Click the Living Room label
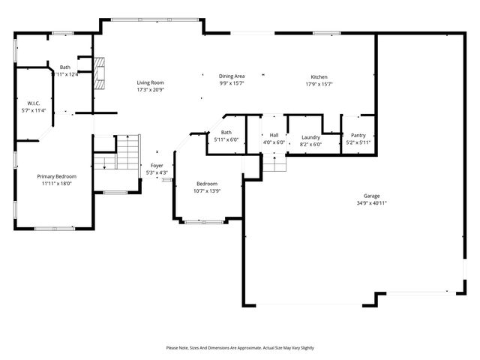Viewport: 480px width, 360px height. (x=150, y=82)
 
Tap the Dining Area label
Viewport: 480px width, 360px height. (x=232, y=76)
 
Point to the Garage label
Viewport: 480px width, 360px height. (x=371, y=196)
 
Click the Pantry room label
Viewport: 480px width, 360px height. (x=358, y=136)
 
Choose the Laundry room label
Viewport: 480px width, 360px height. (x=310, y=137)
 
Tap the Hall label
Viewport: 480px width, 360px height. (x=274, y=136)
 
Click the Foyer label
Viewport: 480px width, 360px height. (x=157, y=166)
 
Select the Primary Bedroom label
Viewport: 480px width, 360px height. (x=57, y=176)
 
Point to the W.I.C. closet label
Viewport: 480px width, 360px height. (x=34, y=103)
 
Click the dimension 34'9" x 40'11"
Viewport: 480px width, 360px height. (x=371, y=203)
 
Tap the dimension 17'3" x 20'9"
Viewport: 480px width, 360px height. (x=150, y=89)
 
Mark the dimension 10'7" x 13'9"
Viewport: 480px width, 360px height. (x=207, y=190)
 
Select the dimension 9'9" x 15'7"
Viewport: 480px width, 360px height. (x=232, y=83)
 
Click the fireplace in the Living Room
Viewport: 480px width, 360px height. (x=97, y=73)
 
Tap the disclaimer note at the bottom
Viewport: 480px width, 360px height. (x=240, y=348)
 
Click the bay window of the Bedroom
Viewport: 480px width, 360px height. (x=203, y=221)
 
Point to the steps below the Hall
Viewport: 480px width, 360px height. (x=274, y=162)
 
